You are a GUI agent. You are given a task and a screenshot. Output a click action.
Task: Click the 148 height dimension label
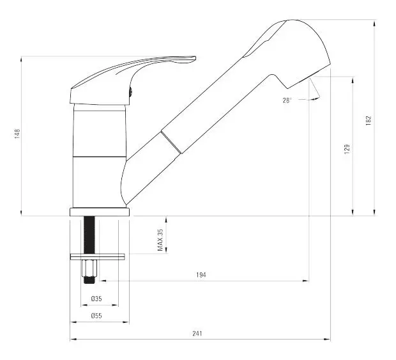click(x=17, y=134)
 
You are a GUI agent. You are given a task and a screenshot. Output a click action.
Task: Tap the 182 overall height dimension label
click(x=369, y=120)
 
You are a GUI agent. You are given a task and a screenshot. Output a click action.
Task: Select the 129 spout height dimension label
click(x=347, y=149)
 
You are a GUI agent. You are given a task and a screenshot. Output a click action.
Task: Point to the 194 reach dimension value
click(x=201, y=275)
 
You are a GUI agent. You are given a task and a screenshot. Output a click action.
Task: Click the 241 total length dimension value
click(x=197, y=333)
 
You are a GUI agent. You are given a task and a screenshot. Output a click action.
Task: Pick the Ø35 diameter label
click(x=96, y=299)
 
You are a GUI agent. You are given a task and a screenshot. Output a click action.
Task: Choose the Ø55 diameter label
click(x=96, y=316)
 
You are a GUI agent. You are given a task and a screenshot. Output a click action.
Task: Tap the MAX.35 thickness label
click(x=160, y=240)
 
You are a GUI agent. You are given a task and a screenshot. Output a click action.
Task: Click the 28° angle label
click(x=287, y=100)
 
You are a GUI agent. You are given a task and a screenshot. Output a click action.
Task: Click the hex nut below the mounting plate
click(x=89, y=268)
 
